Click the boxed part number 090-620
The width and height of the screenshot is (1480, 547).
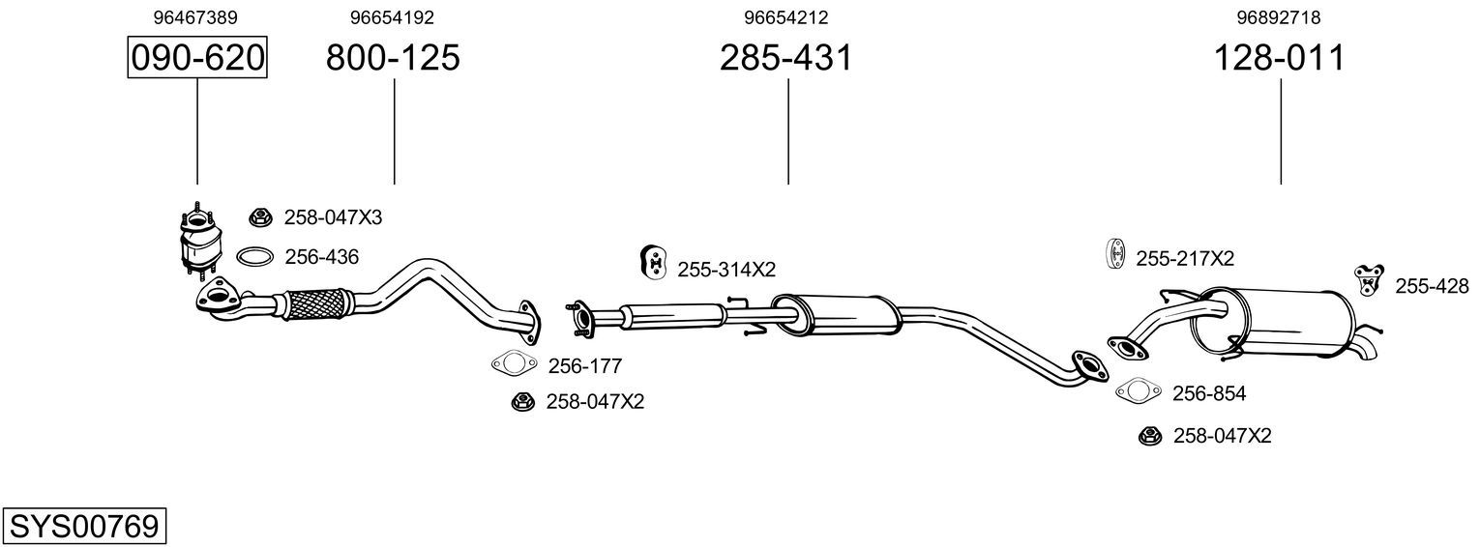197,57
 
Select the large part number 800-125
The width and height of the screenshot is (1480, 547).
393,57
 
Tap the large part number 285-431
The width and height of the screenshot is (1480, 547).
786,57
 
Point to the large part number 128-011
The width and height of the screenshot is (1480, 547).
1280,57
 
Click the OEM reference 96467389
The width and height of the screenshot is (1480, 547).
194,17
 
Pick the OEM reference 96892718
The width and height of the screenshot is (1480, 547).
1279,17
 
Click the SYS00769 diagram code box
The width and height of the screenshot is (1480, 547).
84,527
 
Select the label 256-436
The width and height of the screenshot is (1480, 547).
322,257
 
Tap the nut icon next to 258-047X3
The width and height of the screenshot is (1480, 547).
260,217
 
